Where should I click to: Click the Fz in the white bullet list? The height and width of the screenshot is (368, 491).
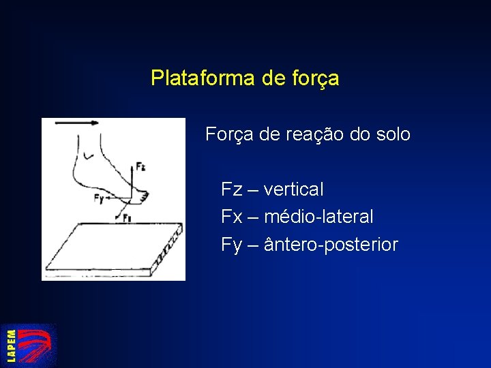click(231, 189)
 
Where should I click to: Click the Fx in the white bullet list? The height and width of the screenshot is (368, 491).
click(231, 217)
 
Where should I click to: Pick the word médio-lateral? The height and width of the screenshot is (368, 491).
click(318, 217)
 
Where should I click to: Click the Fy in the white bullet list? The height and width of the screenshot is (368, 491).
click(231, 245)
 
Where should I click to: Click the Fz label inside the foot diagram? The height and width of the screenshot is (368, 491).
click(140, 166)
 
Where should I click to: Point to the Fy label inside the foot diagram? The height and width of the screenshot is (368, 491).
click(99, 199)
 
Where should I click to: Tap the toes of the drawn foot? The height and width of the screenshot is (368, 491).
click(143, 197)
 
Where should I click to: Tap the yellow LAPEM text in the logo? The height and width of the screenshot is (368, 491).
click(12, 346)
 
